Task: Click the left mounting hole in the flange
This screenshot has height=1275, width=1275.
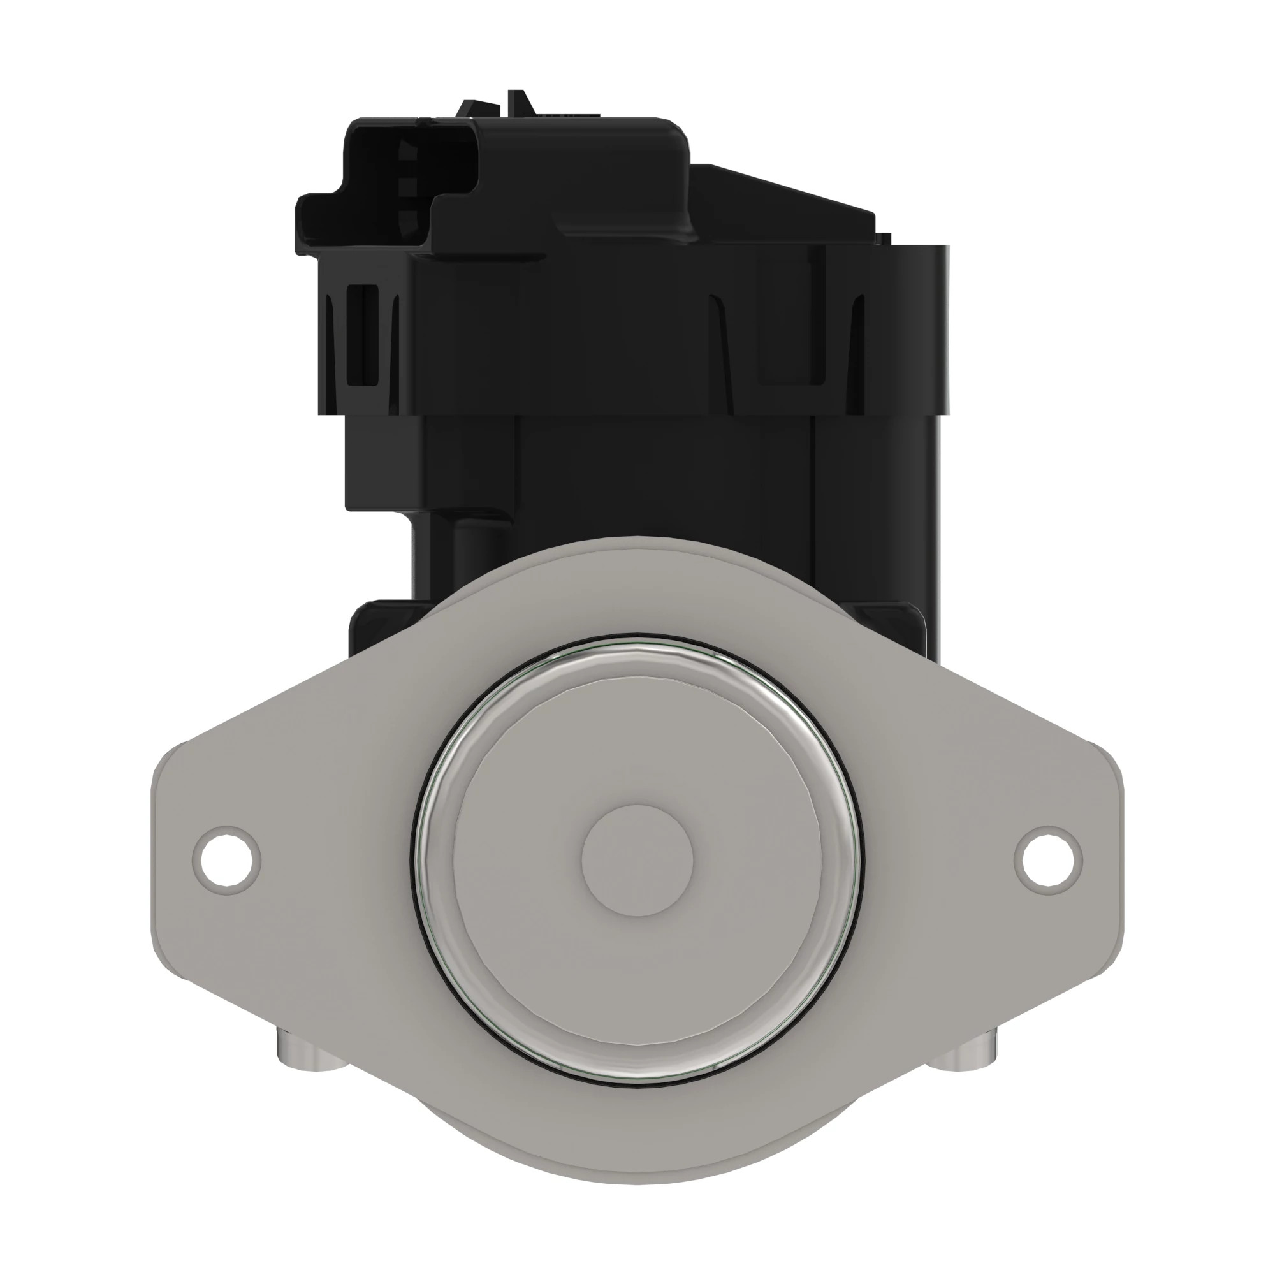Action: (x=226, y=860)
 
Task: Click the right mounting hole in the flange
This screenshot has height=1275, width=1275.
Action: (x=1048, y=860)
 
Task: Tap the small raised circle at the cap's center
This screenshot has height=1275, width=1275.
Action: (x=637, y=860)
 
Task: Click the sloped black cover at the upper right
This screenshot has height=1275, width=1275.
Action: (x=785, y=198)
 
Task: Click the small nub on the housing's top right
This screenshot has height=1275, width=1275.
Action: (x=884, y=239)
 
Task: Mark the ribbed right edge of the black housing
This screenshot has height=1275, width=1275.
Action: (x=940, y=330)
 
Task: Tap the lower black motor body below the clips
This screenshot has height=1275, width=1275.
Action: (x=660, y=475)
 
